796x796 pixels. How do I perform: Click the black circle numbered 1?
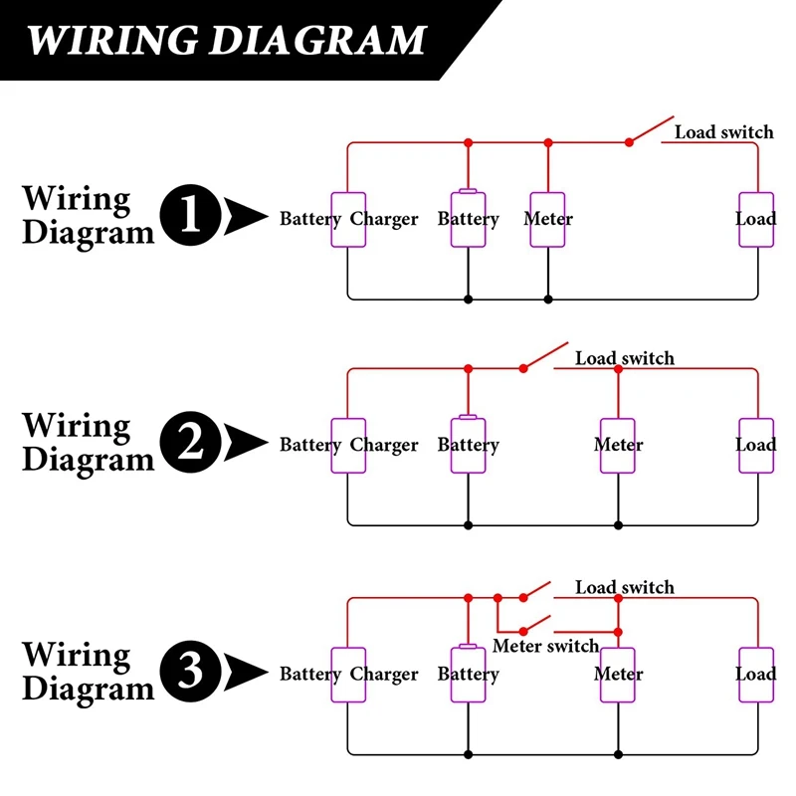190,215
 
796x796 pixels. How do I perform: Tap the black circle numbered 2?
190,442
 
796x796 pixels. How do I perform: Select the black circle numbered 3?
190,671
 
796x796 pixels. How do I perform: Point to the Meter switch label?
545,646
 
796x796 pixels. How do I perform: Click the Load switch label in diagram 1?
724,132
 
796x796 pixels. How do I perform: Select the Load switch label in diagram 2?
625,358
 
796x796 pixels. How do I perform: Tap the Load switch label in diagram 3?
625,587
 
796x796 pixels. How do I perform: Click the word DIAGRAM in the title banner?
317,40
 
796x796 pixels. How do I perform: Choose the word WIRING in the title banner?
112,40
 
